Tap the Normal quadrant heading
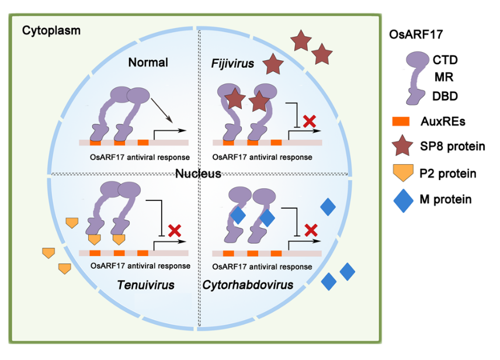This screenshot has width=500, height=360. [x=148, y=63]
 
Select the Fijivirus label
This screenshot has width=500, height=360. [x=232, y=63]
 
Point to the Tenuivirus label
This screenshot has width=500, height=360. [x=147, y=285]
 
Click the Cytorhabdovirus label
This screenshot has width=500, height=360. [x=248, y=285]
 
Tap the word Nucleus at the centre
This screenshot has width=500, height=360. [x=199, y=174]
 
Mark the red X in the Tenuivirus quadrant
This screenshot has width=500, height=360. [x=173, y=230]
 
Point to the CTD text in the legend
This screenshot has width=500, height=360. [x=445, y=59]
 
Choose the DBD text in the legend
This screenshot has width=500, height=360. [x=445, y=95]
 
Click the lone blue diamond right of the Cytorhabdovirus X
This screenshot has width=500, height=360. [x=328, y=207]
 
